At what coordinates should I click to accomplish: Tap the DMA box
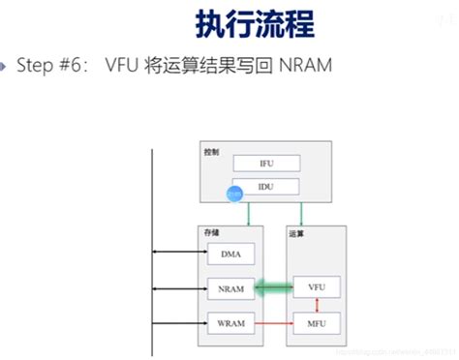click(231, 255)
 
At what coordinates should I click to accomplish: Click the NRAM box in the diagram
click(231, 287)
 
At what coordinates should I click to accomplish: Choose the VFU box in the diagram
click(317, 287)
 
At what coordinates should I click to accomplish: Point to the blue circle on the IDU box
click(233, 195)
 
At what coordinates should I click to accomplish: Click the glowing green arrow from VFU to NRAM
click(274, 287)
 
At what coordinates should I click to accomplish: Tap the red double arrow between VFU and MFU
click(317, 305)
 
